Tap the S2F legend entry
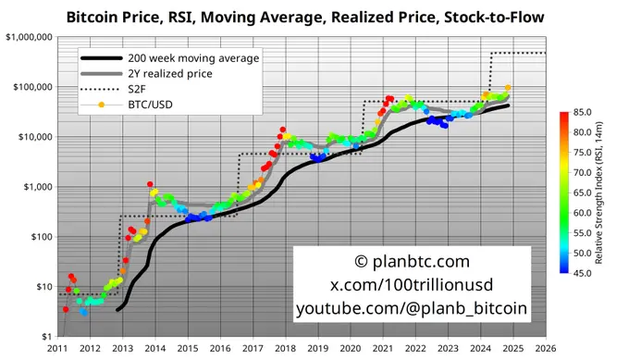click(x=149, y=90)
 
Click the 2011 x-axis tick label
click(x=57, y=349)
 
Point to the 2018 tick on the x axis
click(x=285, y=349)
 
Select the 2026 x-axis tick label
click(x=545, y=349)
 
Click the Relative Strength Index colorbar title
click(x=602, y=192)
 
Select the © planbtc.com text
click(x=412, y=262)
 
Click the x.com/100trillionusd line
click(x=412, y=285)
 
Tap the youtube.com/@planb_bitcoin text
click(x=412, y=308)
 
